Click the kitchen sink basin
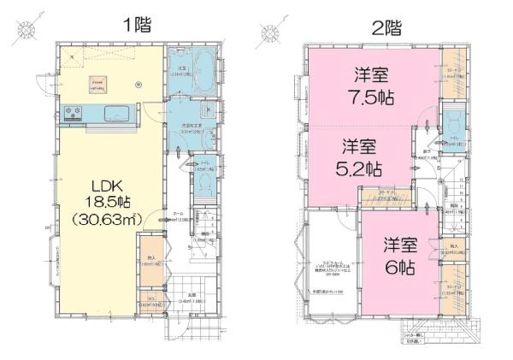tap(114, 114)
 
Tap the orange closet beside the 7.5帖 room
tap(453, 74)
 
